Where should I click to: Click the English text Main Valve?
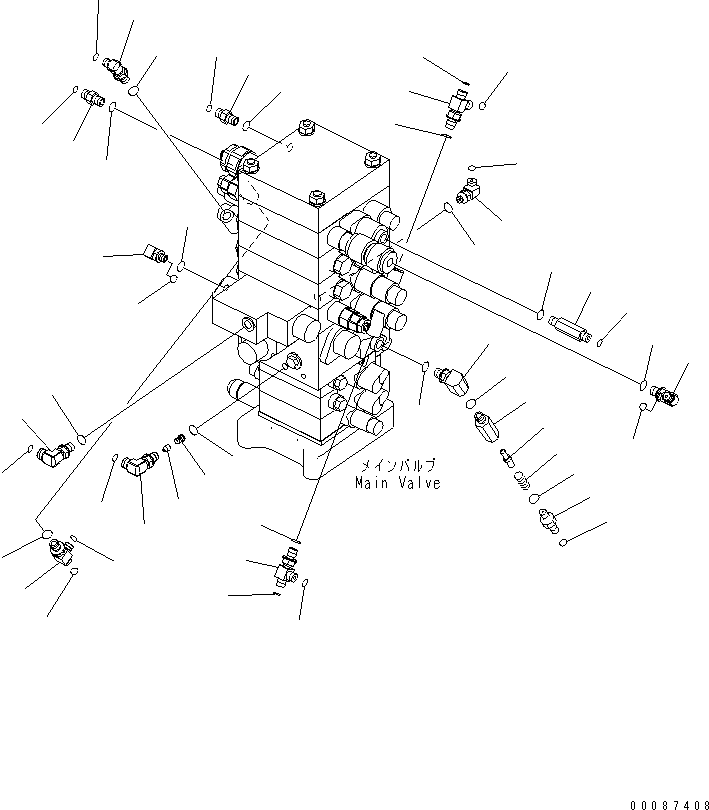397,483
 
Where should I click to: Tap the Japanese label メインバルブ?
399,466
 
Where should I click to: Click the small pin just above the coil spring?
507,456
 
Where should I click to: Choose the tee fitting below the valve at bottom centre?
286,567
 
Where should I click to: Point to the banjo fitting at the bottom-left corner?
58,547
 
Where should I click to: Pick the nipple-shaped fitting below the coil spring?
551,521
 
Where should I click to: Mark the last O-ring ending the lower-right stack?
566,543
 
